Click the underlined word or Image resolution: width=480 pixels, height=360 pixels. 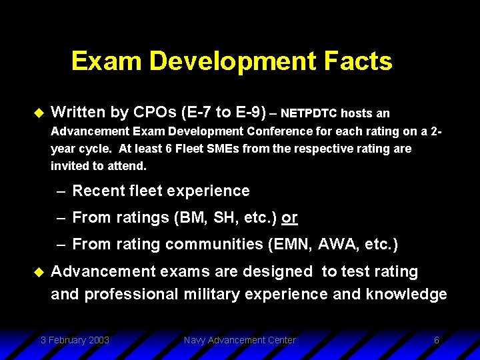289,218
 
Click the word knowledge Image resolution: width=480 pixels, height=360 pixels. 406,294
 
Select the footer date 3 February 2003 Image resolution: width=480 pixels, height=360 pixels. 75,340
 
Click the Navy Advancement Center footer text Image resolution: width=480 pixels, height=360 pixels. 240,340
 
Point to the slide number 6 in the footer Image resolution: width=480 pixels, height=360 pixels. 436,340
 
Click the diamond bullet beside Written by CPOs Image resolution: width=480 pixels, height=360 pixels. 37,112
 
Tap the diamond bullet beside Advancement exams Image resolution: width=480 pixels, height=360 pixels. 37,272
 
